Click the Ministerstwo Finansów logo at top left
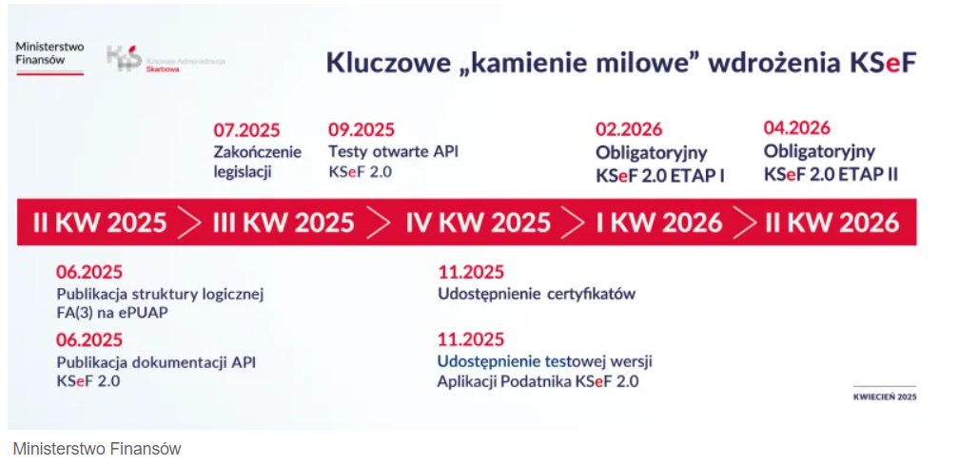pos(49,57)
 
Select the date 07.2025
pos(246,130)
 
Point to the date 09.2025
pos(362,130)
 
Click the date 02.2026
pos(629,129)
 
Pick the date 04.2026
pos(796,127)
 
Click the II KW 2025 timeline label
pos(100,223)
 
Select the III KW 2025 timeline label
pos(283,223)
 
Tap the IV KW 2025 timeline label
pos(479,223)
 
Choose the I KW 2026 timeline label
pos(659,223)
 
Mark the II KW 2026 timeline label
pos(832,223)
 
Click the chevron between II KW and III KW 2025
pos(189,223)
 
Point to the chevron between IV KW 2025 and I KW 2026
pos(573,223)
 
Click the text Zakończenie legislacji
pos(257,162)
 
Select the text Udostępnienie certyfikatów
pos(537,294)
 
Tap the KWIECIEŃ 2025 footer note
pos(885,397)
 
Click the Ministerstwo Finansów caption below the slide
pos(96,449)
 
